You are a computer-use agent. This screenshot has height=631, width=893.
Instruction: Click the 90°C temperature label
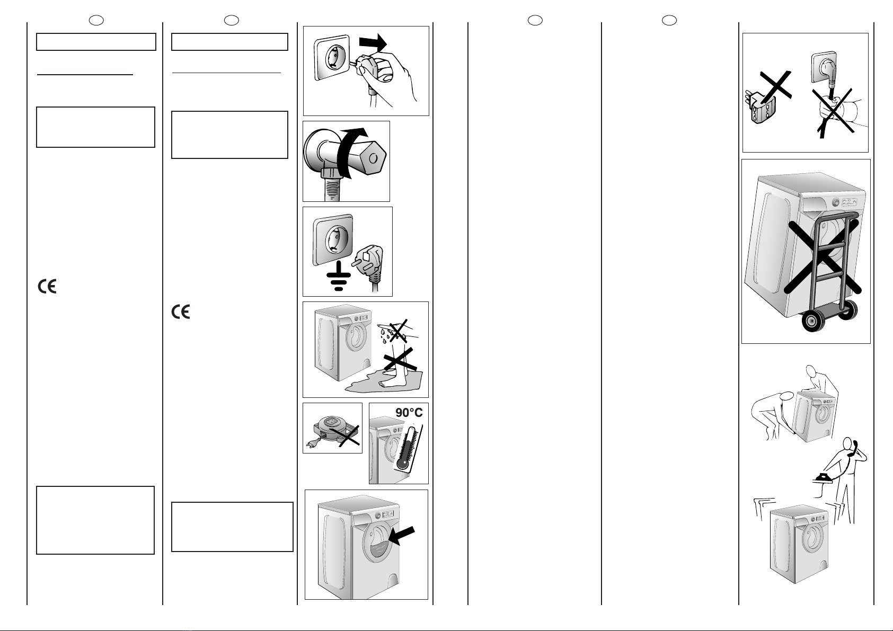(x=409, y=413)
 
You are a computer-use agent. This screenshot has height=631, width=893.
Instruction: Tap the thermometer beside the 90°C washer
(x=408, y=448)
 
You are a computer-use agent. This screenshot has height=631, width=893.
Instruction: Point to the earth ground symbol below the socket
(x=339, y=276)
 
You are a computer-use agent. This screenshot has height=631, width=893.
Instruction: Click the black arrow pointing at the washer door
(x=401, y=535)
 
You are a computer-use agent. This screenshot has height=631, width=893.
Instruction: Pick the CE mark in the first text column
(x=47, y=286)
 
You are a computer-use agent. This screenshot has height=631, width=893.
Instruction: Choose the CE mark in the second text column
(x=181, y=312)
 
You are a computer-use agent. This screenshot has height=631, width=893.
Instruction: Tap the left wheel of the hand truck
(x=810, y=321)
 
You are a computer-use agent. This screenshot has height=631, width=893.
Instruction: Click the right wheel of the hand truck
(x=848, y=309)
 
